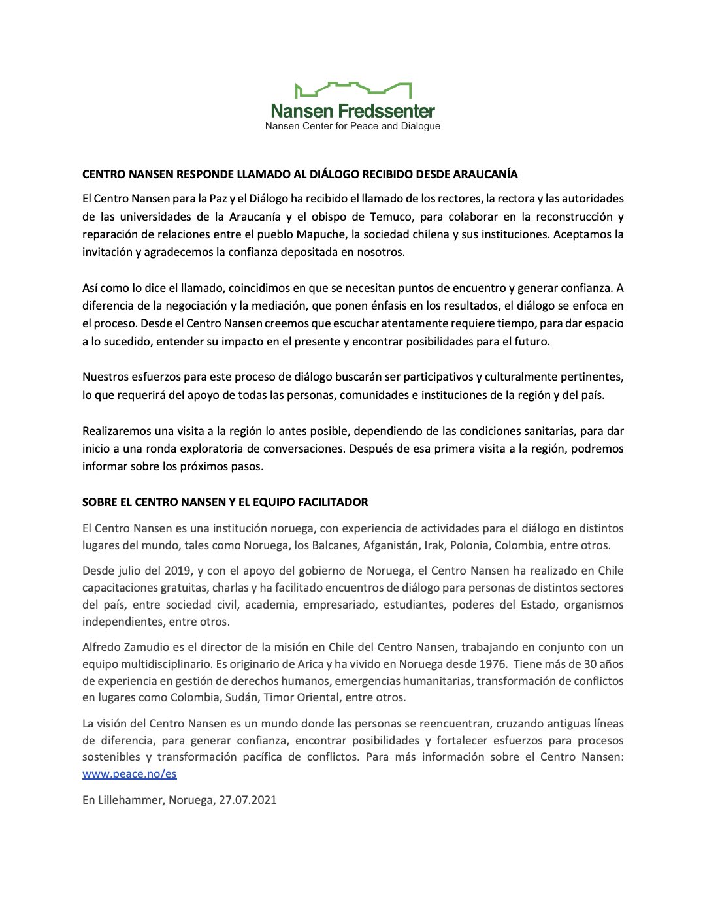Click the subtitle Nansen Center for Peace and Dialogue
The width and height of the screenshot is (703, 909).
click(x=353, y=126)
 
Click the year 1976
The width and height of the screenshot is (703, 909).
click(x=492, y=664)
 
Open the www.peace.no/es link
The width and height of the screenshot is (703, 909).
click(x=129, y=774)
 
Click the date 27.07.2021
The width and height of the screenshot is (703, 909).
click(x=248, y=800)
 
